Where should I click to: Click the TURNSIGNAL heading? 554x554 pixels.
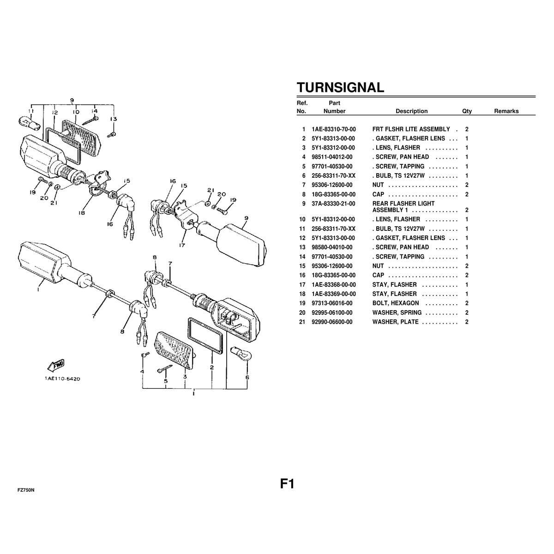click(340, 87)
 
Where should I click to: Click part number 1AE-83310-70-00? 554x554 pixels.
click(333, 129)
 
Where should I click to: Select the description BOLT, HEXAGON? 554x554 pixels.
click(396, 303)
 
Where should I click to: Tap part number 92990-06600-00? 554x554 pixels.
click(332, 322)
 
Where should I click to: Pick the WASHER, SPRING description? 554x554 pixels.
click(397, 313)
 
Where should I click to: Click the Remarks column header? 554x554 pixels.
click(506, 111)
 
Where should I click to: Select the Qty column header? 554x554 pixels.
click(467, 111)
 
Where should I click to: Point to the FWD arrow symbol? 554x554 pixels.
click(56, 365)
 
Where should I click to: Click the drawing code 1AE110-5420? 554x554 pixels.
click(62, 379)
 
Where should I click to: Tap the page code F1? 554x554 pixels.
click(287, 484)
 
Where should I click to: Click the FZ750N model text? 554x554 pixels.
click(26, 490)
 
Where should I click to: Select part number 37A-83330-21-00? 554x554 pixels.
click(333, 204)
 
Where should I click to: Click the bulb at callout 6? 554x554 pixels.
click(241, 353)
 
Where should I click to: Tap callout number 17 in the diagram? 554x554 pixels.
click(182, 245)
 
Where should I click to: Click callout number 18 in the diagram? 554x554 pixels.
click(82, 213)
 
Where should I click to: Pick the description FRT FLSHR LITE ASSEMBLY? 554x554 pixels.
click(411, 129)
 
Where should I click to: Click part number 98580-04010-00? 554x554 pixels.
click(332, 247)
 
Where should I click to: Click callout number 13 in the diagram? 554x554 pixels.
click(114, 119)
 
